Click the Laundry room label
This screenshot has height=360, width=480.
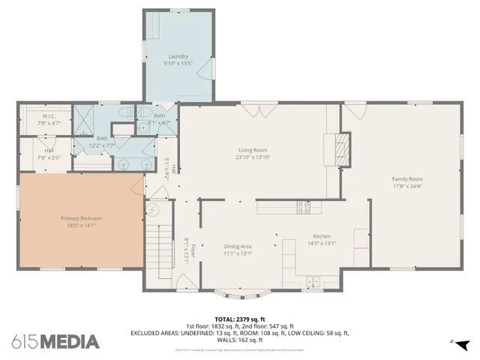click(178, 56)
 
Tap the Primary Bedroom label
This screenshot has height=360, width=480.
click(81, 218)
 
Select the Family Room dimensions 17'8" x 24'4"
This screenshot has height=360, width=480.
click(407, 186)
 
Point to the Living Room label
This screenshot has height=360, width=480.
click(253, 150)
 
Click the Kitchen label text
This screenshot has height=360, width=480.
click(322, 236)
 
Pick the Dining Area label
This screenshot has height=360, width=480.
click(238, 246)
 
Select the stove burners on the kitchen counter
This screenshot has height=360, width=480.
click(303, 207)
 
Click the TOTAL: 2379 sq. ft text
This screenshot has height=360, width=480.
click(239, 319)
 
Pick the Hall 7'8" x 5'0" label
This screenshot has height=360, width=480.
click(49, 154)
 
